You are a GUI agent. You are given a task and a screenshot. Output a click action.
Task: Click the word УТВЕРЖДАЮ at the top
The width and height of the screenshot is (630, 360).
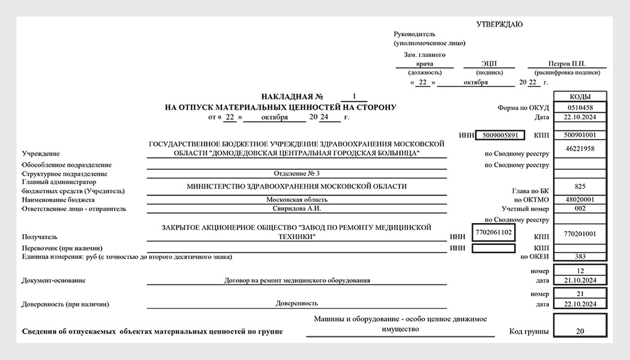(x=499, y=25)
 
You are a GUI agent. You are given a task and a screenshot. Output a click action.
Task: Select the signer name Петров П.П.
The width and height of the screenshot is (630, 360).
(x=566, y=64)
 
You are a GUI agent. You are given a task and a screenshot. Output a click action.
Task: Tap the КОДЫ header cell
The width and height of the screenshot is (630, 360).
(x=580, y=97)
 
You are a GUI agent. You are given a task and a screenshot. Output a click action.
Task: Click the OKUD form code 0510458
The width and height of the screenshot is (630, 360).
(x=580, y=107)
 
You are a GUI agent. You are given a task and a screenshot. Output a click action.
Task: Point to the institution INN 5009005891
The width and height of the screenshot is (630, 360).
(x=500, y=135)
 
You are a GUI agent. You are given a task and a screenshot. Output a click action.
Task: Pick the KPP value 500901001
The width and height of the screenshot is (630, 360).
(x=580, y=135)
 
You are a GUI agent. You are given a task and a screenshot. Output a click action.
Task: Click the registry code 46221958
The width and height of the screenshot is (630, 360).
(x=580, y=148)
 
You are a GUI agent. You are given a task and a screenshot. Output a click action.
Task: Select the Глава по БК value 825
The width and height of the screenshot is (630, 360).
(x=580, y=187)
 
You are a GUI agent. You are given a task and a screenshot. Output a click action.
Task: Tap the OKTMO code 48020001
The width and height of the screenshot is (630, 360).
(x=580, y=199)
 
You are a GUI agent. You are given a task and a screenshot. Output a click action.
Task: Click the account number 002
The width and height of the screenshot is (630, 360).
(x=580, y=209)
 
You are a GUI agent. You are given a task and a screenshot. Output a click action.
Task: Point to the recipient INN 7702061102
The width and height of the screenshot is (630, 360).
(x=493, y=232)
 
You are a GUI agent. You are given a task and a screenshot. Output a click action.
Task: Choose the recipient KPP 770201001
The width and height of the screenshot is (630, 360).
(x=580, y=232)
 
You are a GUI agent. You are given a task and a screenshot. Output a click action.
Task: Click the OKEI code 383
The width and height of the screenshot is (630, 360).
(x=580, y=257)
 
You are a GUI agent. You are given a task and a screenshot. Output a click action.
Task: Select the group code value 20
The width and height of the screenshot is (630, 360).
(x=580, y=331)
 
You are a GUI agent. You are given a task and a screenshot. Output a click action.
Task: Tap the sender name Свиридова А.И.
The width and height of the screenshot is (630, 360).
(x=296, y=209)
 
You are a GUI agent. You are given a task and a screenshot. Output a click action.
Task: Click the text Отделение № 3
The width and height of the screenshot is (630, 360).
(x=296, y=173)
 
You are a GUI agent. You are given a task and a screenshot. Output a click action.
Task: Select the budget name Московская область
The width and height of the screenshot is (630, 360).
(x=296, y=199)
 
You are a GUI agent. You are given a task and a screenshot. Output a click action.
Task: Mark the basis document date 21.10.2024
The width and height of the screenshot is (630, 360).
(x=580, y=280)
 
